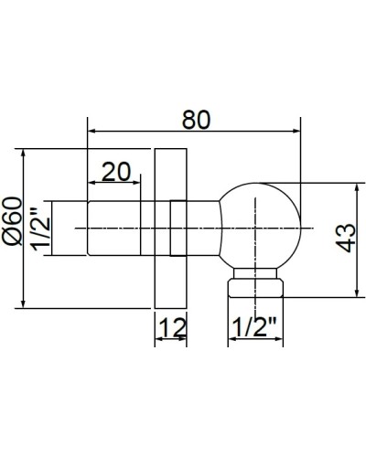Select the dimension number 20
pos(117,171)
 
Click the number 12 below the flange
pos(171,328)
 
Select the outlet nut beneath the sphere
pos(257,287)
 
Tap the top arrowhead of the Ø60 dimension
pos(22,152)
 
